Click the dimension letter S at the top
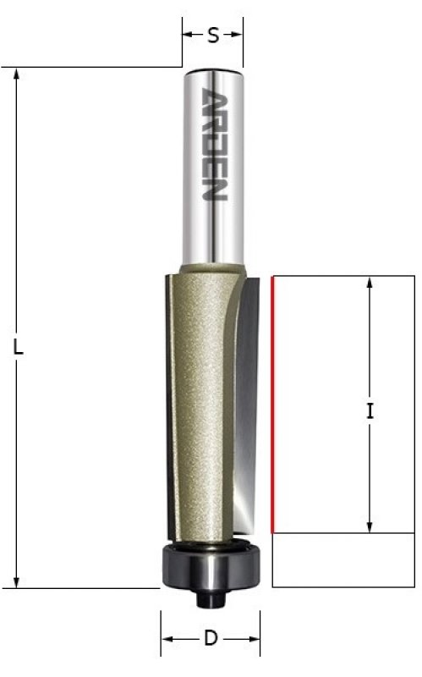pos(213,35)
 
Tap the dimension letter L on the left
pos(18,347)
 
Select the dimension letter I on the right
pos(370,410)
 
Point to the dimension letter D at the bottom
pos(211,638)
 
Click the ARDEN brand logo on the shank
pos(215,144)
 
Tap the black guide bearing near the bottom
pos(211,564)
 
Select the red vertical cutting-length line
pos(271,405)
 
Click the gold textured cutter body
pos(200,401)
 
